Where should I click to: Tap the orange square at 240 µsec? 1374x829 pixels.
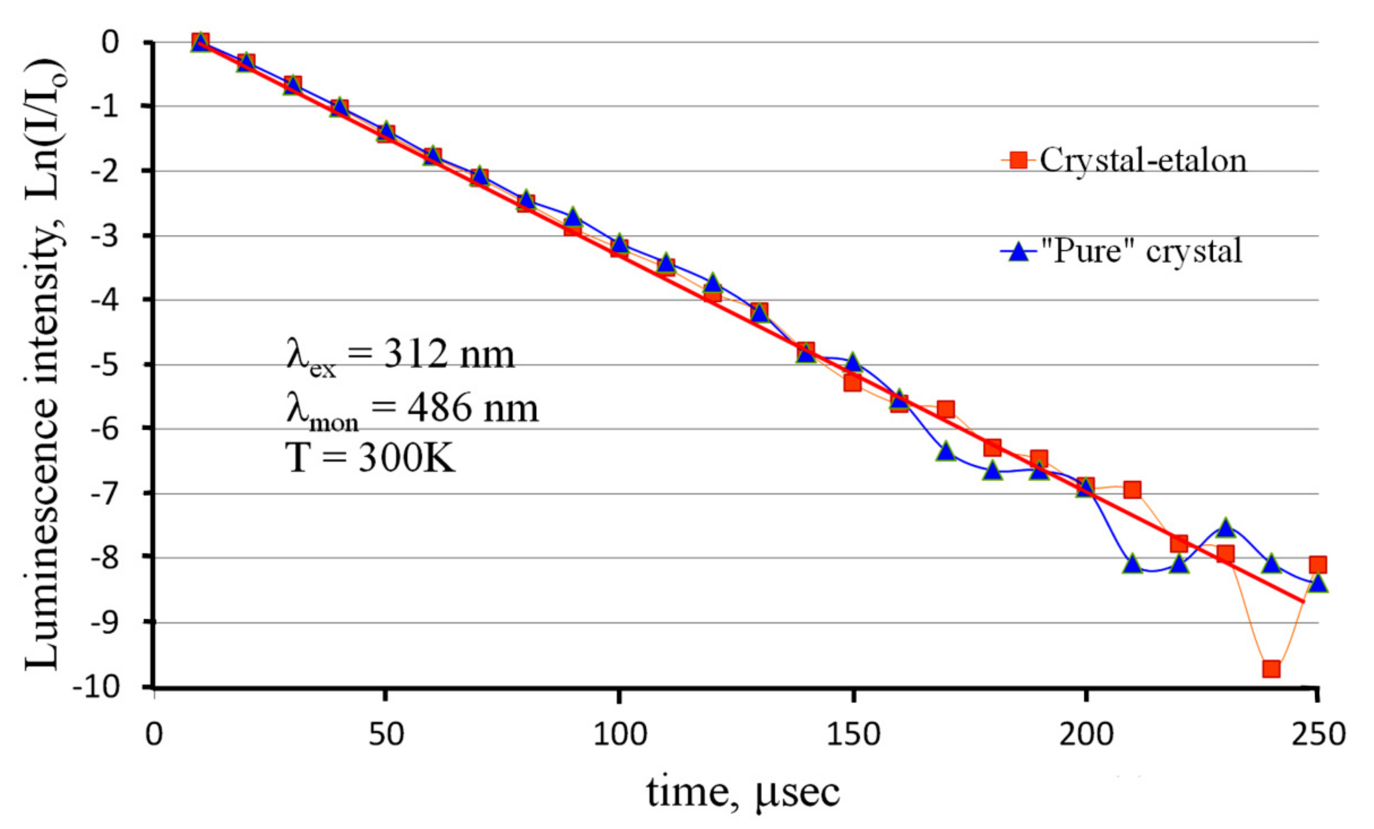(x=1271, y=669)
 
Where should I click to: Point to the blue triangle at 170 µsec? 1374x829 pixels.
(x=946, y=452)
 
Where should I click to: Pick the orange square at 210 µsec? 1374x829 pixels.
(x=1132, y=490)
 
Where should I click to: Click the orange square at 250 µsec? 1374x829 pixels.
(x=1318, y=565)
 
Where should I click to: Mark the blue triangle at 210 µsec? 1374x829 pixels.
(x=1132, y=565)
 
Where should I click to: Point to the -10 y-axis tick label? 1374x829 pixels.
(x=97, y=688)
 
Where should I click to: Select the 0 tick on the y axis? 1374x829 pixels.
(x=110, y=42)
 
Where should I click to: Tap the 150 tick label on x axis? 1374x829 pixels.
(x=853, y=735)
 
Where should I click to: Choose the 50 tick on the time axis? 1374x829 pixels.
(x=386, y=735)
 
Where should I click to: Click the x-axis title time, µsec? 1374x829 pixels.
(x=743, y=792)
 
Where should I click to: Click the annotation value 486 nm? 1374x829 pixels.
(x=473, y=408)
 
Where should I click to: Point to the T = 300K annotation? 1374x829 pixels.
(x=370, y=458)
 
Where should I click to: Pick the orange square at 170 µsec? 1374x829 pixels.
(x=946, y=409)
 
